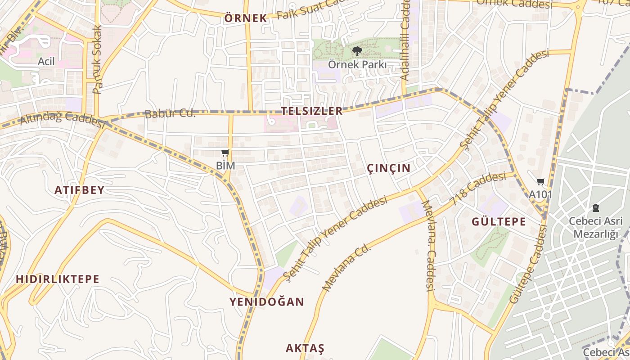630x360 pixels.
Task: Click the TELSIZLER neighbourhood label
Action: tap(312, 111)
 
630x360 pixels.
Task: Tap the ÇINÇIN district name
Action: tap(389, 168)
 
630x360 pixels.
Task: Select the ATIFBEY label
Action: tap(80, 190)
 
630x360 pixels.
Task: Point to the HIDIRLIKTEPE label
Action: tap(58, 279)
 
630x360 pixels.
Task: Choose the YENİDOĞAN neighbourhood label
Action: tap(267, 301)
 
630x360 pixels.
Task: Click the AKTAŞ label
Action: tap(305, 348)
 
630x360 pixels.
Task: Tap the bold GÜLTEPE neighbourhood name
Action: tap(499, 221)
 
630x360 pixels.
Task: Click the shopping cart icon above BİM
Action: tap(225, 153)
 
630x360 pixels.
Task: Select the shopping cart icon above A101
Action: tap(540, 182)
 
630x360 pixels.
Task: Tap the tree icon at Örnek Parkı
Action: tap(357, 51)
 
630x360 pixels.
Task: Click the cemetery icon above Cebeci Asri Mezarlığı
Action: tap(596, 208)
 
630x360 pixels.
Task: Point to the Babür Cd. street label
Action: tap(170, 114)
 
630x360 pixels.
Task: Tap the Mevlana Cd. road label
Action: tap(346, 268)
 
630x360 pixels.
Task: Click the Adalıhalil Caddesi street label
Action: tap(405, 40)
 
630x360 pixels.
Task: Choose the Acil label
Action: tap(46, 61)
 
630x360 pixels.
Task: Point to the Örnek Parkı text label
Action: tap(357, 64)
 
